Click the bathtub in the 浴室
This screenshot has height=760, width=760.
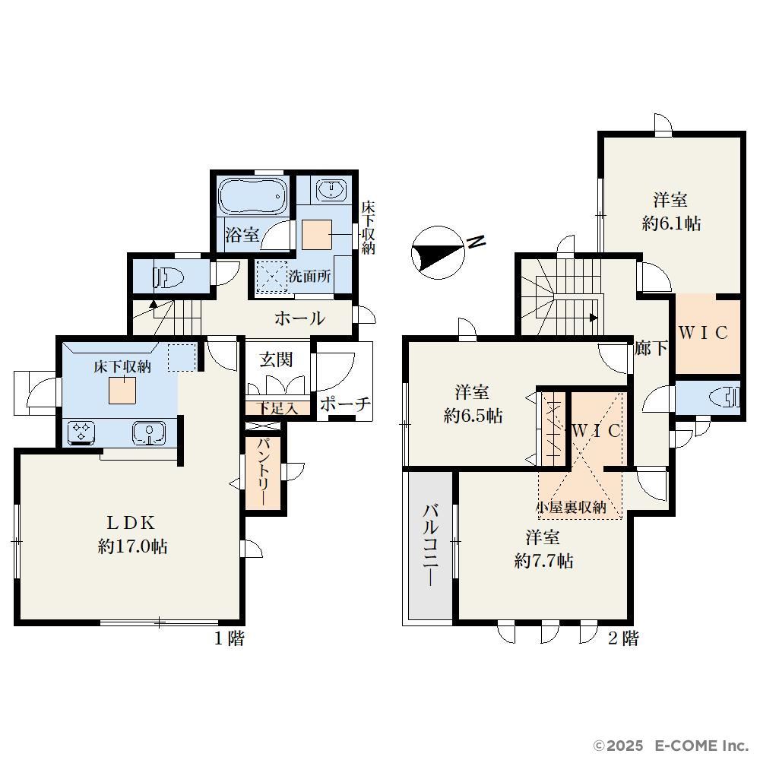[x=252, y=195]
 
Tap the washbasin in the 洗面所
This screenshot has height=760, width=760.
[x=331, y=189]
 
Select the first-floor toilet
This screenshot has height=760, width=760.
[x=169, y=278]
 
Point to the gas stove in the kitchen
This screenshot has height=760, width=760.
[x=81, y=432]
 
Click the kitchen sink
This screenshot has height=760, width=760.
[x=149, y=432]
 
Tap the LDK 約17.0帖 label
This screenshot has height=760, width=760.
[x=132, y=534]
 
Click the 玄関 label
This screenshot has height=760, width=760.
[x=276, y=359]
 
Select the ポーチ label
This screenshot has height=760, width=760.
[x=345, y=404]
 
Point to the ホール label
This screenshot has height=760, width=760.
[x=299, y=318]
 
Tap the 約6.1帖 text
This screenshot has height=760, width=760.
[x=671, y=223]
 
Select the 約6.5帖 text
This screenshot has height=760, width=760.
[x=473, y=416]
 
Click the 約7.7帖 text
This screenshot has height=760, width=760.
[x=544, y=561]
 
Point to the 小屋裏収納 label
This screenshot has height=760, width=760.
[x=571, y=507]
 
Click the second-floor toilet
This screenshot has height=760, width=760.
[x=725, y=398]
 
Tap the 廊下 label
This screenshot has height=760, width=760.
[x=651, y=347]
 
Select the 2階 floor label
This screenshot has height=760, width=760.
[x=623, y=638]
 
